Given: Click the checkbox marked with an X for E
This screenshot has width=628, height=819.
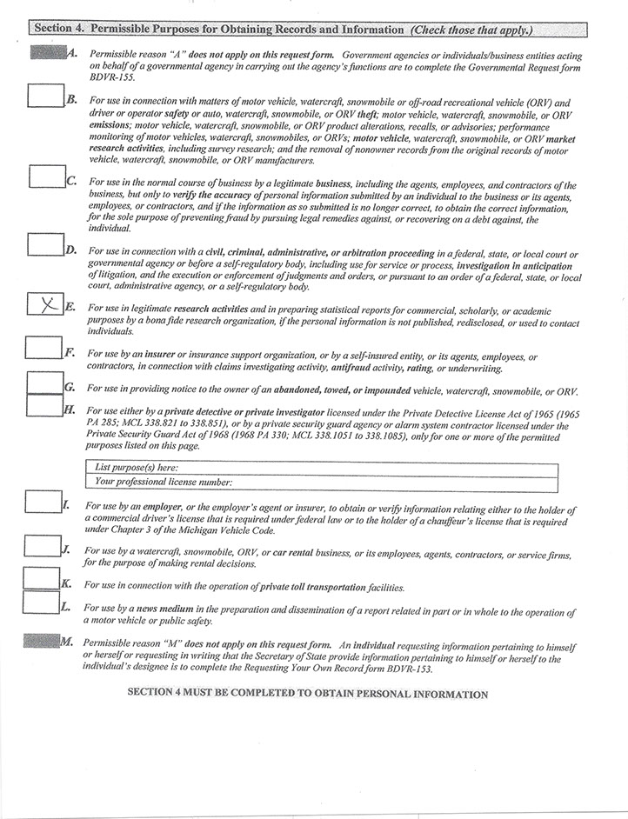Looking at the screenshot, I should [45, 305].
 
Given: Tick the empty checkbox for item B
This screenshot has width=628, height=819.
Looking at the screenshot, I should [45, 94].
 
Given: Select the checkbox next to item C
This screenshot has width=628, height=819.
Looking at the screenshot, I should [45, 176].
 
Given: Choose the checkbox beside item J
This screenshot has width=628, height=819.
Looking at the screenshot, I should [42, 545].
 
